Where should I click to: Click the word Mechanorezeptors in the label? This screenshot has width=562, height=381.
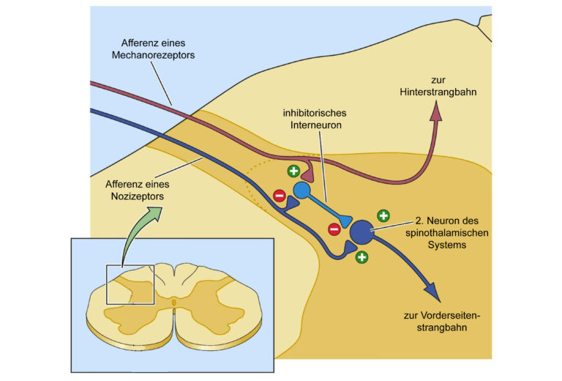(x=153, y=55)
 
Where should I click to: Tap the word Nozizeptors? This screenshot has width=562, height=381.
(x=138, y=196)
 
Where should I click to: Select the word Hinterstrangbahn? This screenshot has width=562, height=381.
(x=438, y=92)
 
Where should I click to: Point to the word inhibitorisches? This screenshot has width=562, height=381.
(x=315, y=113)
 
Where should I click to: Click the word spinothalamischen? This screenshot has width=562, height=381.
(x=447, y=233)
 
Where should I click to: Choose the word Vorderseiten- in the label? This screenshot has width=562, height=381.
(x=441, y=316)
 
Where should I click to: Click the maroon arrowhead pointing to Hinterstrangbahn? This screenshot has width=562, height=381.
(x=436, y=111)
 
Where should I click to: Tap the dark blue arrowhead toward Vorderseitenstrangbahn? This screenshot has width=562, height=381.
(x=432, y=292)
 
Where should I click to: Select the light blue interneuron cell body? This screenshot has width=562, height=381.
(x=301, y=190)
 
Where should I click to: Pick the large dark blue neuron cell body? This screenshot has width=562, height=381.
(x=361, y=232)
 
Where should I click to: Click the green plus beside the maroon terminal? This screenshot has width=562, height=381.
(x=294, y=171)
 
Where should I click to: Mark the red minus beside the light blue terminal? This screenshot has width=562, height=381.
(x=334, y=229)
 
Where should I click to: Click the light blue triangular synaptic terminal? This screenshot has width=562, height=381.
(x=346, y=221)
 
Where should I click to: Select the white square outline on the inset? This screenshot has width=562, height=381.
(x=130, y=285)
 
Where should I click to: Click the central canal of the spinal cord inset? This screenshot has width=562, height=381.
(x=174, y=303)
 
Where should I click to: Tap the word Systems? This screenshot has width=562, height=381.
(x=447, y=245)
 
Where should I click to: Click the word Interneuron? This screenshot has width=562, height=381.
(x=316, y=125)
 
